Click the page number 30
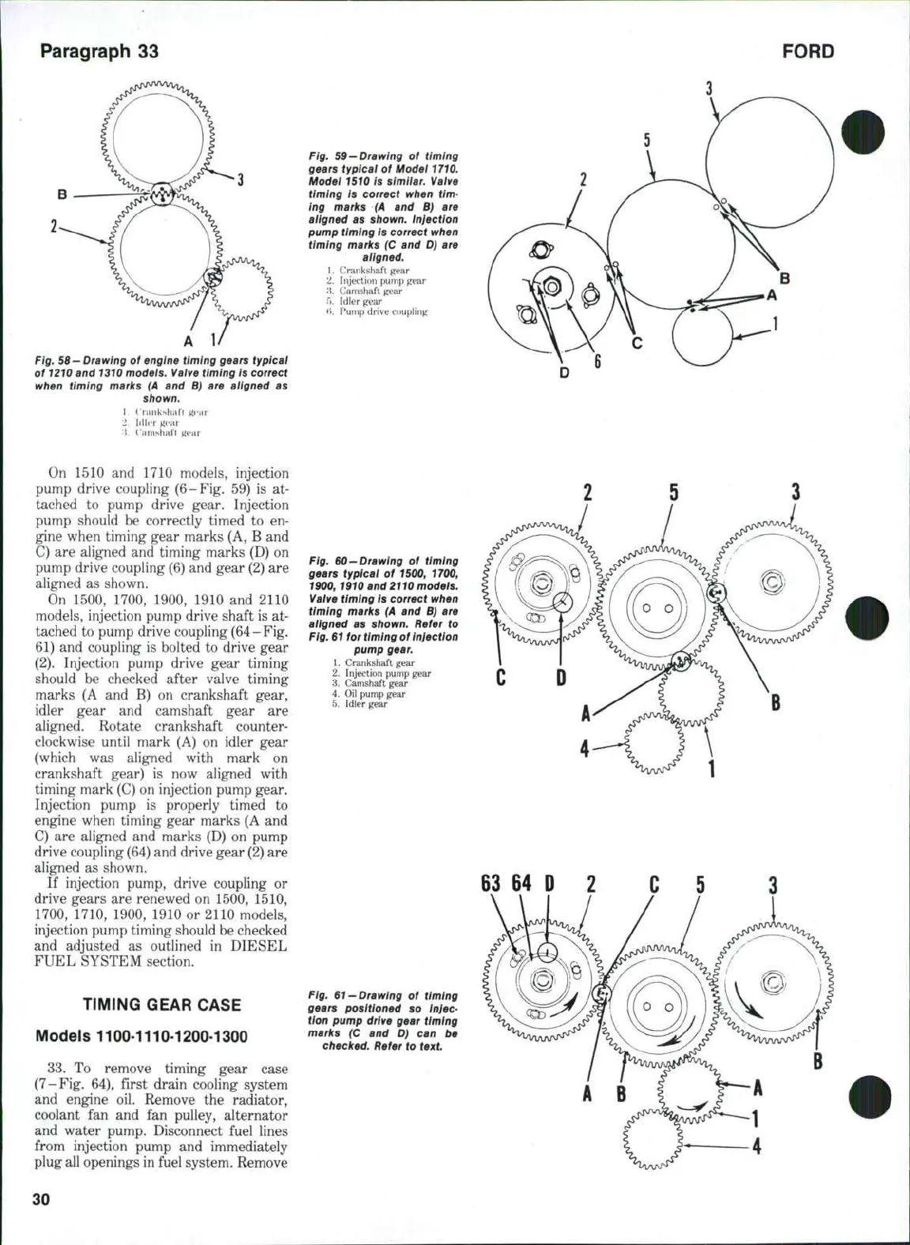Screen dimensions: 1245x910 point(41,1199)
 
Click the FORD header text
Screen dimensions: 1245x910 point(808,52)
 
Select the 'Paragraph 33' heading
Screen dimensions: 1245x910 point(100,51)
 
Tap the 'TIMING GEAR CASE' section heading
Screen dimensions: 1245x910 point(162,1005)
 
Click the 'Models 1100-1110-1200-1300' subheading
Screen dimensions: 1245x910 point(142,1036)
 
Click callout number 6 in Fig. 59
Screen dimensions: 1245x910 point(599,363)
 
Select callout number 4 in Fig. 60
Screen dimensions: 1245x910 point(585,747)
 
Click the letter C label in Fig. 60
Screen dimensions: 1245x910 point(500,679)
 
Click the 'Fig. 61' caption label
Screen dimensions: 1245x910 point(325,996)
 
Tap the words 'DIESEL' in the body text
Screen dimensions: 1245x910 point(257,946)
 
